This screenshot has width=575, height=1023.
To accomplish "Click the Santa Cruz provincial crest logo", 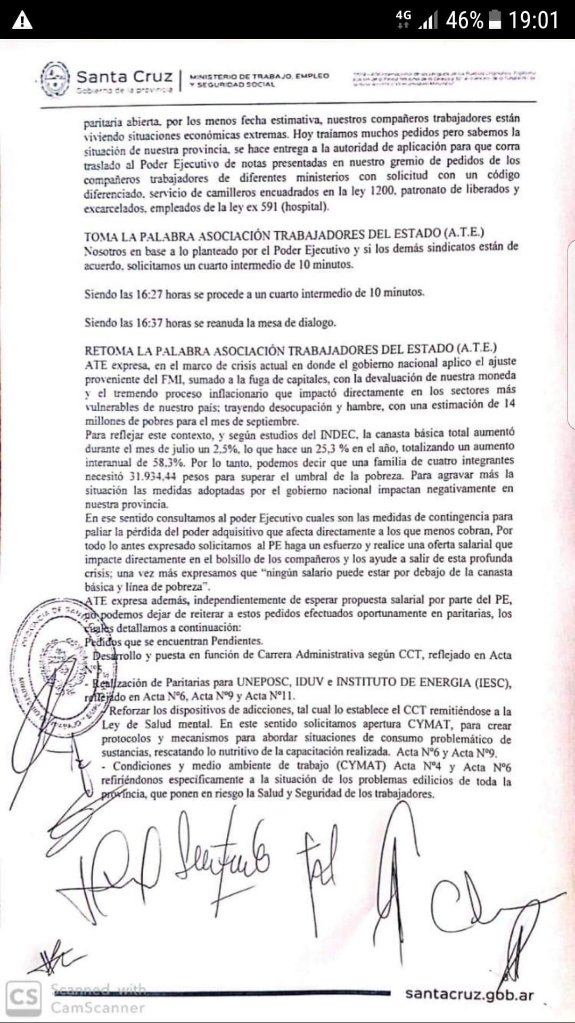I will click(55, 79).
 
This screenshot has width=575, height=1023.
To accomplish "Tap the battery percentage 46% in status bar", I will click(464, 20).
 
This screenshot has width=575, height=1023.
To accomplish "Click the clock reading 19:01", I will click(533, 20).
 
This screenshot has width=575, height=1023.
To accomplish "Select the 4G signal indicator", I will click(404, 19).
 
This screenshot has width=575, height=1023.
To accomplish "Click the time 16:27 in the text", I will click(149, 294).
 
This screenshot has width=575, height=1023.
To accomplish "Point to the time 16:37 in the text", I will click(149, 322).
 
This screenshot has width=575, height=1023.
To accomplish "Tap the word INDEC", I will click(338, 433).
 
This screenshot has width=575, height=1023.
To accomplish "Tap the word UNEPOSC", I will click(267, 683).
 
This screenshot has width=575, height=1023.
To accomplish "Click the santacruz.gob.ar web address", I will click(469, 994).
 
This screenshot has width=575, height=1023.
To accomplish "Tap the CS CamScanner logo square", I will click(23, 997).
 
